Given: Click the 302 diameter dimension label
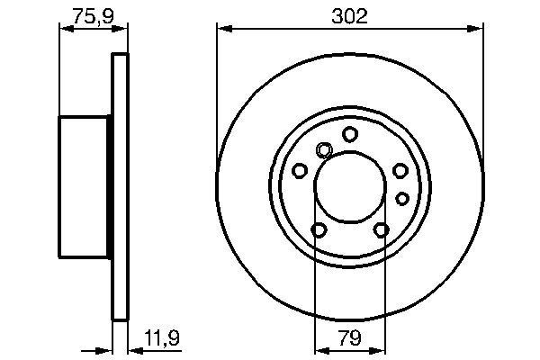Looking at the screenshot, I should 350,16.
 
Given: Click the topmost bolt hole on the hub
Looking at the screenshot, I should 349,134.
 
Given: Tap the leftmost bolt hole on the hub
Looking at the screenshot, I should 300,169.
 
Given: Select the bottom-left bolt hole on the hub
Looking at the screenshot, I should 319,231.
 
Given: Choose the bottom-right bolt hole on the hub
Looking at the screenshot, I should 382,231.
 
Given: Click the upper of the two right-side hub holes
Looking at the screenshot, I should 400,169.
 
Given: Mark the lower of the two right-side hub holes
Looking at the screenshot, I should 402,197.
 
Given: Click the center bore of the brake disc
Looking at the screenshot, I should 350,186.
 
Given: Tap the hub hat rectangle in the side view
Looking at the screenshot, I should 85,186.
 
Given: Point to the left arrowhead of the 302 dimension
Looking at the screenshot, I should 221,29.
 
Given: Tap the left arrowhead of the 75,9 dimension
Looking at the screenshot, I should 64,29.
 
